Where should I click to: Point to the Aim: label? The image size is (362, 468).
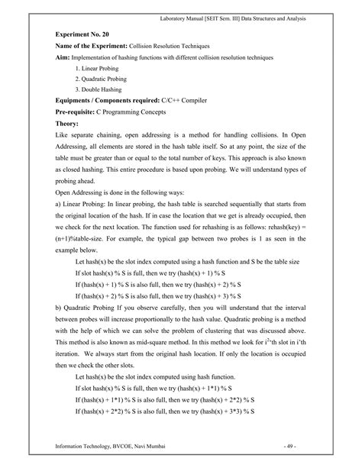click(x=65, y=58)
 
